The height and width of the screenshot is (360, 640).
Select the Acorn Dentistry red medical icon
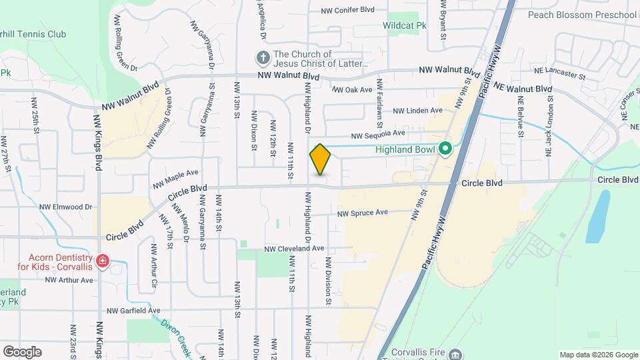tap(102, 261)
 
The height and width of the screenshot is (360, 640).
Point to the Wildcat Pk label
tap(404, 26)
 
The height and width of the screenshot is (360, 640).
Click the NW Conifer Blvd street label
tap(347, 11)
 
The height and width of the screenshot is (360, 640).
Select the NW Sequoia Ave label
tap(379, 134)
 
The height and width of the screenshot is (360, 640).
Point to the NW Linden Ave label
tap(417, 111)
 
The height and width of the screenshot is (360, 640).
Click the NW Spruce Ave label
tap(363, 213)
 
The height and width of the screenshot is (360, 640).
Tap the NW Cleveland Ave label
tap(294, 248)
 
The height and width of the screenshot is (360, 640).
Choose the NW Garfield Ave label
tap(133, 311)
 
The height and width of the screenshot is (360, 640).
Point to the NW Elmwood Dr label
tap(65, 207)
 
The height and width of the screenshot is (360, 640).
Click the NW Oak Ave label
tap(352, 89)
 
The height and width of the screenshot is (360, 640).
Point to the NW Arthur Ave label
tap(69, 281)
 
